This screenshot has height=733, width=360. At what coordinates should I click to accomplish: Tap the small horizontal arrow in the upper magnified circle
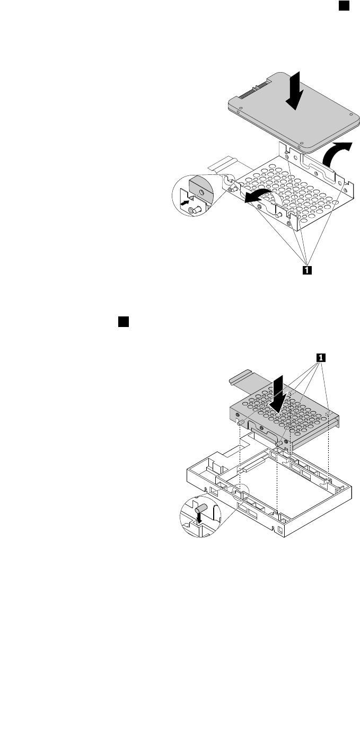pyautogui.click(x=185, y=202)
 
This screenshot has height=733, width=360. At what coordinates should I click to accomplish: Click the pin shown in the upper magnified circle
pyautogui.click(x=194, y=210)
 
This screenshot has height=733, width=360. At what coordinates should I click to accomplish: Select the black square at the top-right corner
pyautogui.click(x=343, y=5)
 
